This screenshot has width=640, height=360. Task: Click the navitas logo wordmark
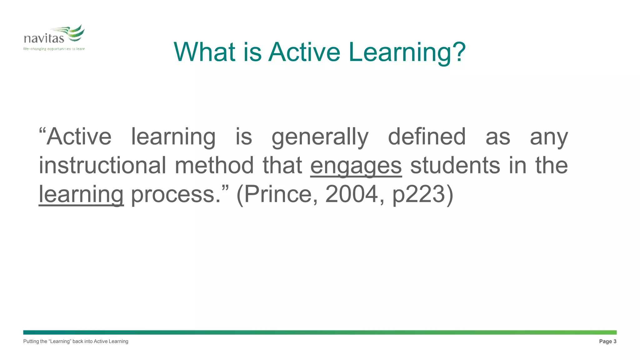pos(44,38)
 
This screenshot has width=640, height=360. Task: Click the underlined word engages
pos(356,166)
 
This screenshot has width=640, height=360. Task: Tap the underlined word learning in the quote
pos(81,194)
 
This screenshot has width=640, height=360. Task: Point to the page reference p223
pos(419,194)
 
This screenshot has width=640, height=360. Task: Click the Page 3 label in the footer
pos(607,341)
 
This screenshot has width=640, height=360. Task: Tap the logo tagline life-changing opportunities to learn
pos(54,49)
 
